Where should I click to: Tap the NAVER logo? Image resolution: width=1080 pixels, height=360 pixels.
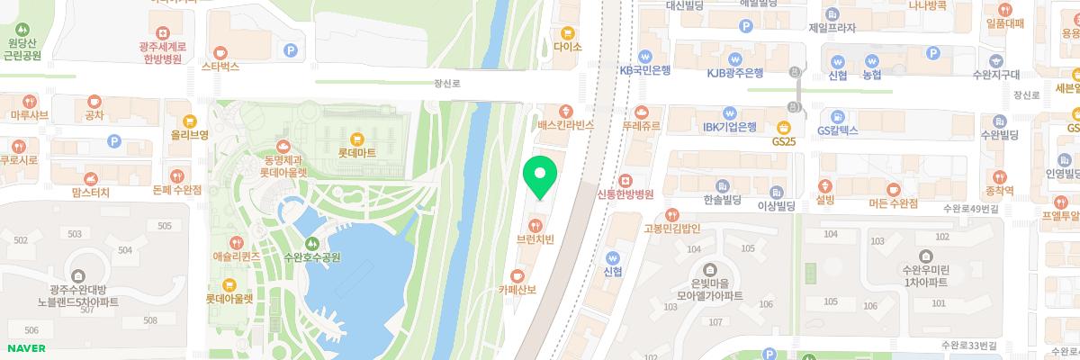(27, 348)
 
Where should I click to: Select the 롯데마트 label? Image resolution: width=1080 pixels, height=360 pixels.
(356, 153)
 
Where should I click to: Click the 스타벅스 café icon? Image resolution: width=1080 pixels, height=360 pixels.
(220, 50)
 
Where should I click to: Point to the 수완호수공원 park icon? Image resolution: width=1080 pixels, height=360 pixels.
(311, 242)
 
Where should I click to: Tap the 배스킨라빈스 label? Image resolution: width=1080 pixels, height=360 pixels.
(565, 125)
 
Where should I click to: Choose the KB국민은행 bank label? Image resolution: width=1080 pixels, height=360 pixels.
(645, 70)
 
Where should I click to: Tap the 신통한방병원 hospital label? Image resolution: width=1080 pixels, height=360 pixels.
(625, 193)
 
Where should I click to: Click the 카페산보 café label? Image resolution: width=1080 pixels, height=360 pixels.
(517, 290)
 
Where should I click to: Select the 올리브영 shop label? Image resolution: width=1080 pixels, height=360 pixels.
(188, 135)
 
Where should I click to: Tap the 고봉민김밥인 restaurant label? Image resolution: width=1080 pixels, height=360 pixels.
(671, 228)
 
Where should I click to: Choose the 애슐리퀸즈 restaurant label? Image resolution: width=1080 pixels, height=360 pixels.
(235, 256)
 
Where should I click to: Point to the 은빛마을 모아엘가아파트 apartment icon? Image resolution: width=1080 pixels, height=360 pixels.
(710, 270)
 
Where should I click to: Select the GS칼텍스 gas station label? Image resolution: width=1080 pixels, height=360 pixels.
(837, 130)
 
